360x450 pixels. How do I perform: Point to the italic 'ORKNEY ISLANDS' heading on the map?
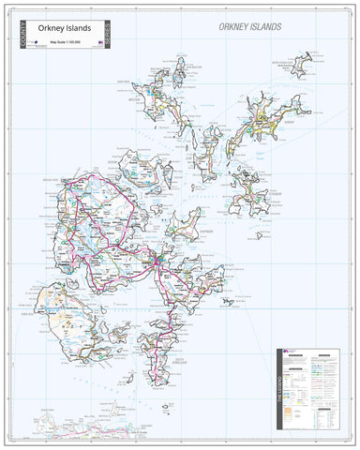[x=248, y=27]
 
